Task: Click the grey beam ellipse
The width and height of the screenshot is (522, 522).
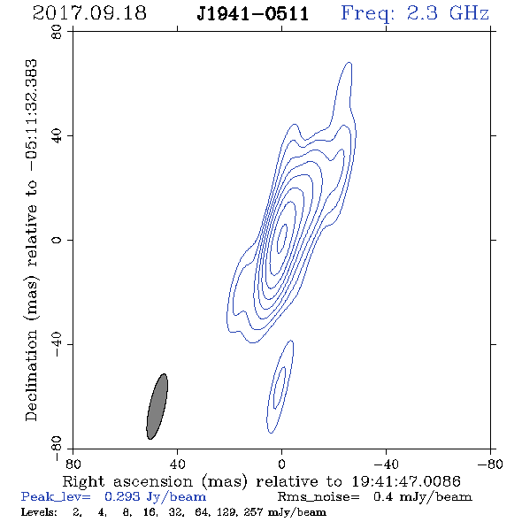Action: (x=157, y=406)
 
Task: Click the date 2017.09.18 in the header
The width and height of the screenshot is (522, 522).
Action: (x=89, y=13)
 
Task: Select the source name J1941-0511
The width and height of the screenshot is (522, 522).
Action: (x=253, y=14)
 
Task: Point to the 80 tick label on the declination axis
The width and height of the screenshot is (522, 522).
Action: (x=57, y=32)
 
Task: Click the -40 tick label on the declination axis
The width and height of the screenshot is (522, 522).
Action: (x=57, y=344)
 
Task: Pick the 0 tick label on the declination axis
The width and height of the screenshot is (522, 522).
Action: (x=57, y=240)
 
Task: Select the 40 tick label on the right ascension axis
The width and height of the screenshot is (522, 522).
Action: (x=177, y=464)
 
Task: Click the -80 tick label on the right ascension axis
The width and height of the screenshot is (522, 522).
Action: (x=490, y=464)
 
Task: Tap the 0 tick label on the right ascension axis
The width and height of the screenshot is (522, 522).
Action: (x=281, y=464)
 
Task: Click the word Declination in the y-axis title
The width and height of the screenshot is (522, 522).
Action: (x=31, y=375)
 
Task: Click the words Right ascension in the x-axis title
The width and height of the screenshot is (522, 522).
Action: (x=127, y=481)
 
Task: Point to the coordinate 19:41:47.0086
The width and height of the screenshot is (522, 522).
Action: (x=406, y=481)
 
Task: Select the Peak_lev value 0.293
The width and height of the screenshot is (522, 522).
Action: (x=122, y=496)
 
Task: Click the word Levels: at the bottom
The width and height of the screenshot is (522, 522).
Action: (x=39, y=511)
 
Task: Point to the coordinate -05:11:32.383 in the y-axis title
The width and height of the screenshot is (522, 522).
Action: (x=31, y=115)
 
